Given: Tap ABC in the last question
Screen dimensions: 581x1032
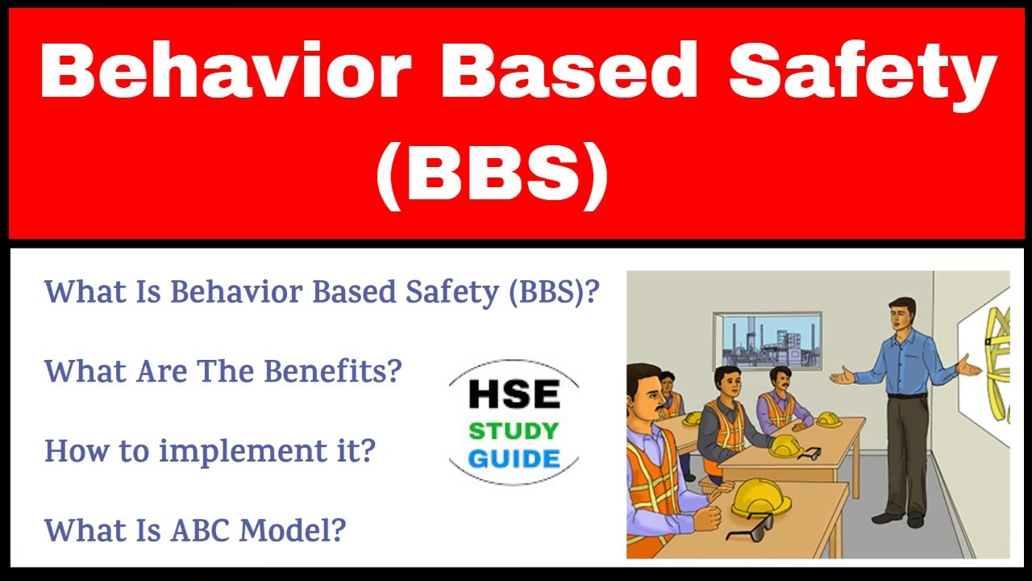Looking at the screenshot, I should [x=193, y=529].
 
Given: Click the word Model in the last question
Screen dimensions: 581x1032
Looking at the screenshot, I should [x=293, y=529].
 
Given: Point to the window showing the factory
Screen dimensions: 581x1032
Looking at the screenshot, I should [x=767, y=342].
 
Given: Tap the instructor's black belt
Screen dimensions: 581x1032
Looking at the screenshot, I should [x=906, y=395].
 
